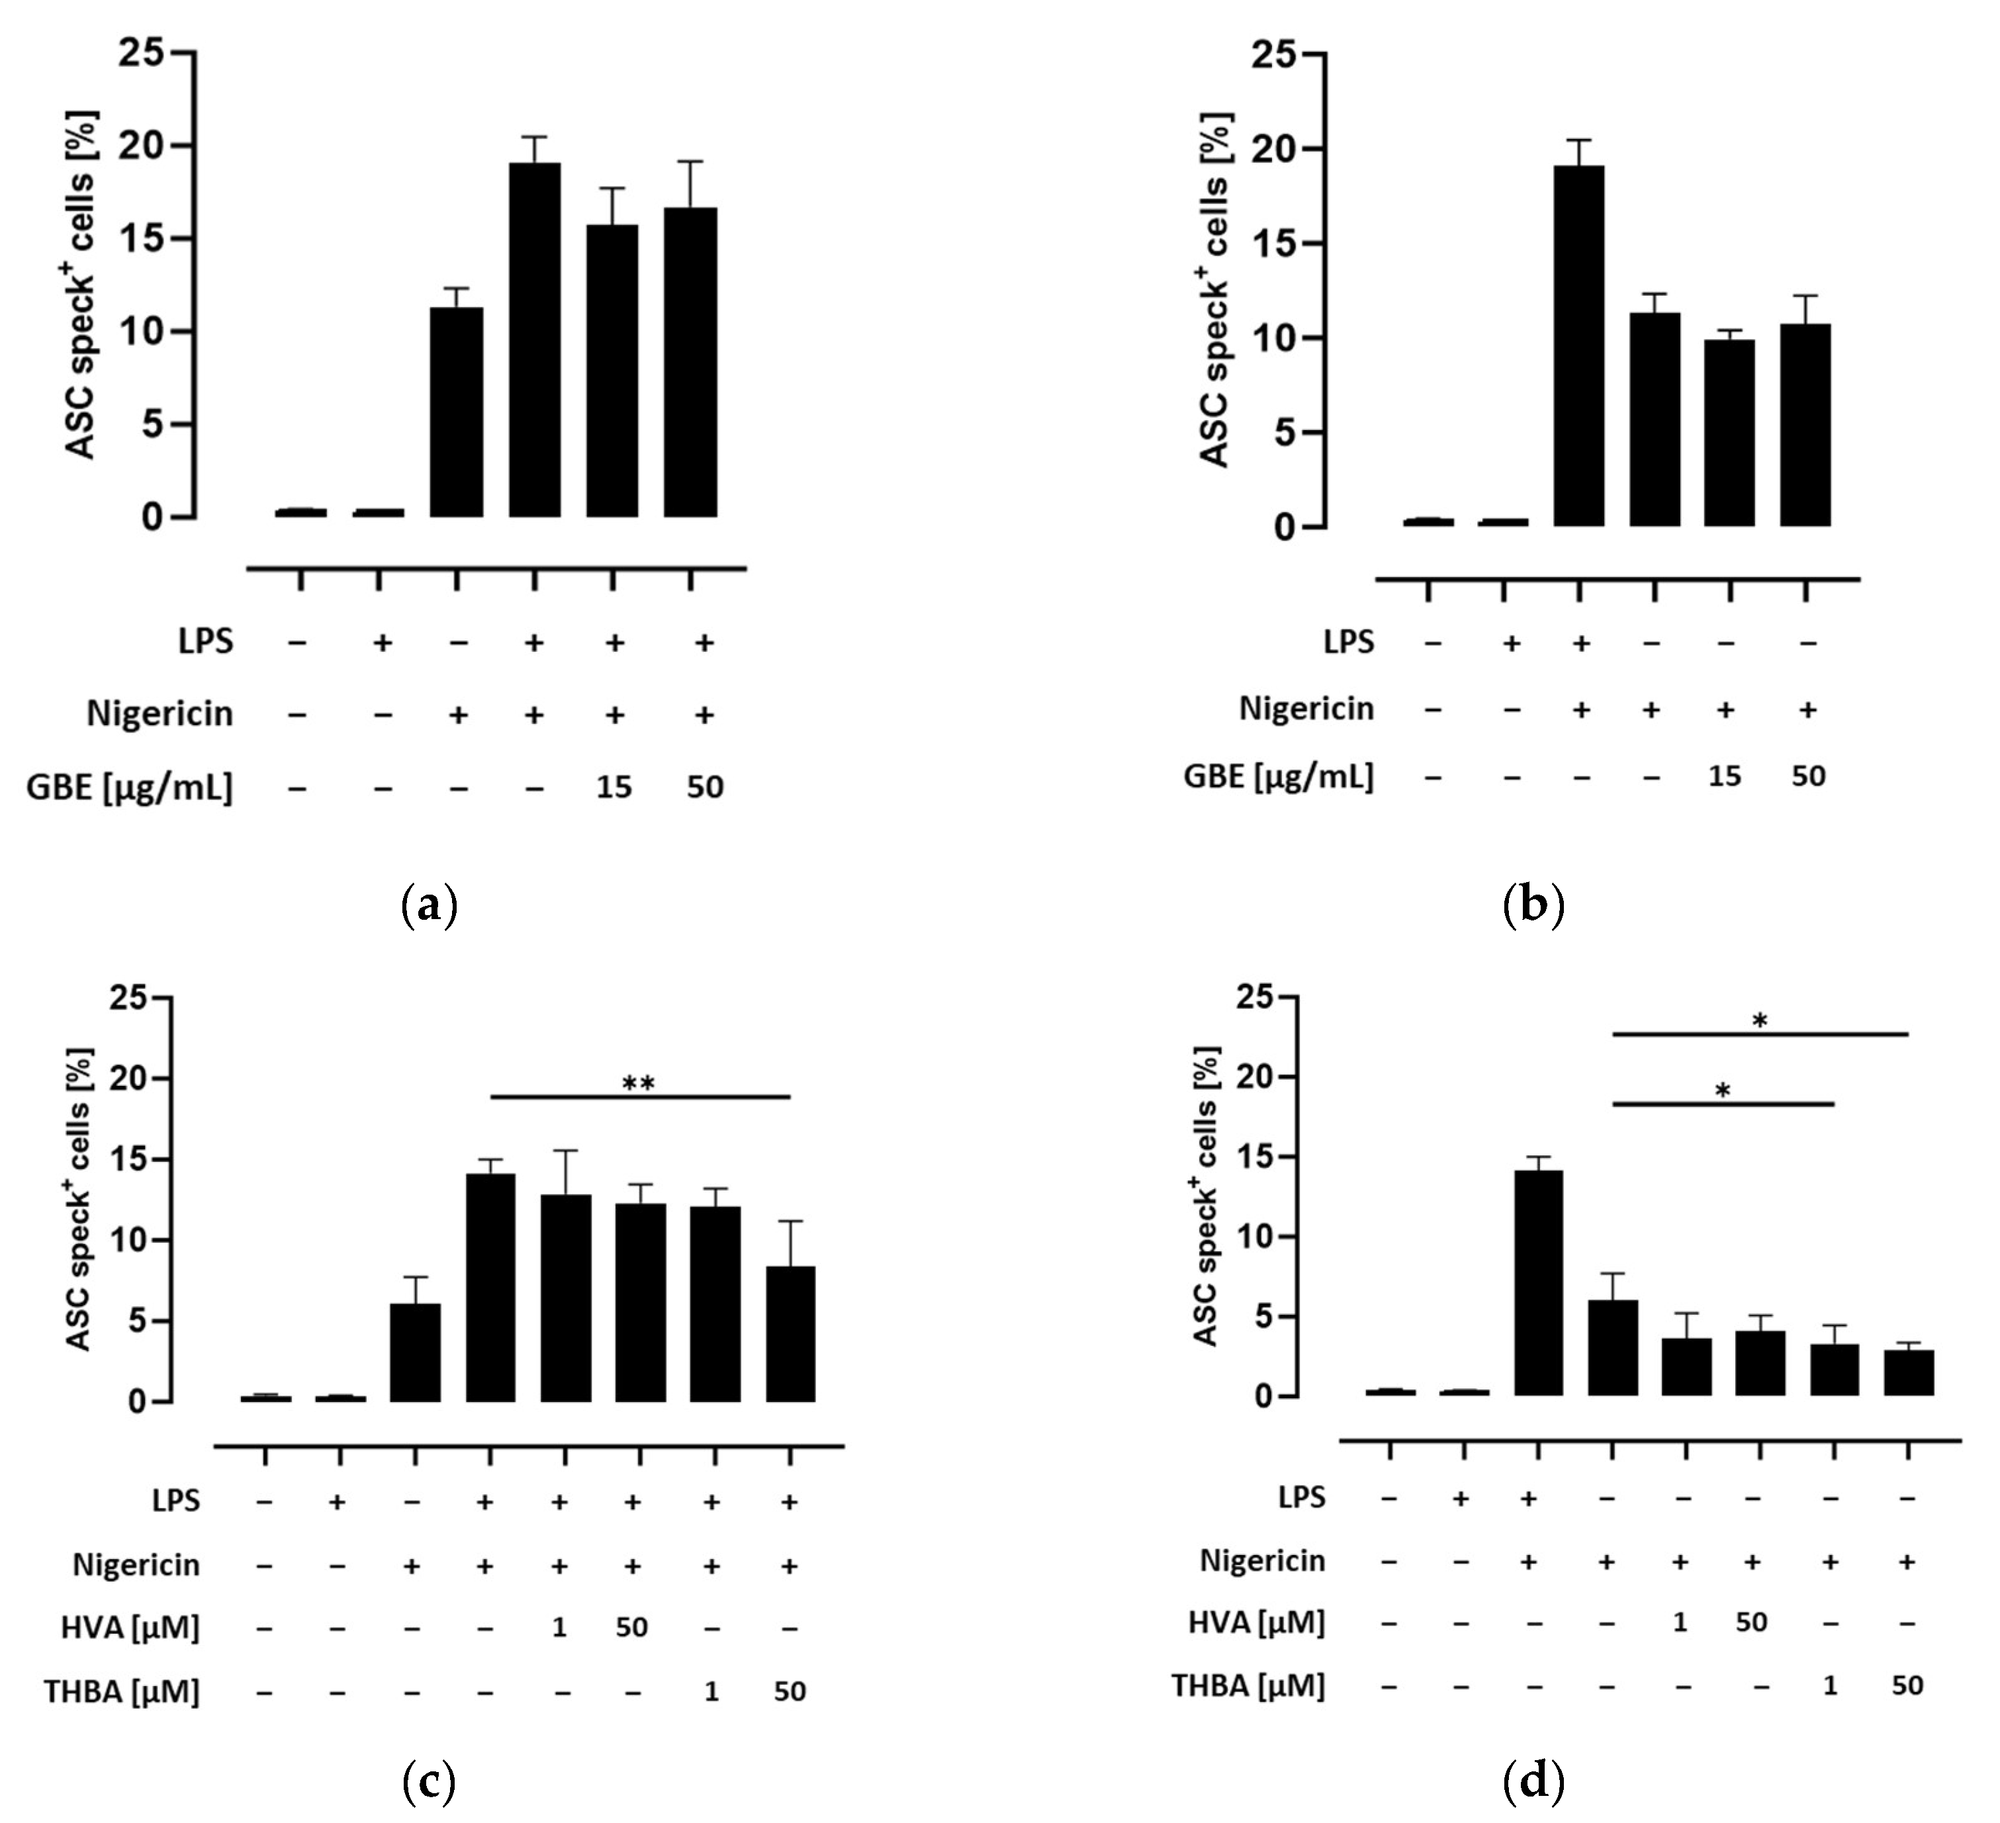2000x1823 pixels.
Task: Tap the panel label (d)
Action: click(x=1533, y=1783)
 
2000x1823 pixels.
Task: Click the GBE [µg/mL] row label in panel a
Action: click(x=130, y=787)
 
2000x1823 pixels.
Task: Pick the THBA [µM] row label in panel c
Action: click(x=122, y=1691)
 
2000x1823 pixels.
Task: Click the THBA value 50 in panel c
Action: click(x=790, y=1691)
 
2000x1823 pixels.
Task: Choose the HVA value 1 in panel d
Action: click(x=1680, y=1623)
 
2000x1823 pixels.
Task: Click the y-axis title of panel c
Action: click(x=79, y=1198)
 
